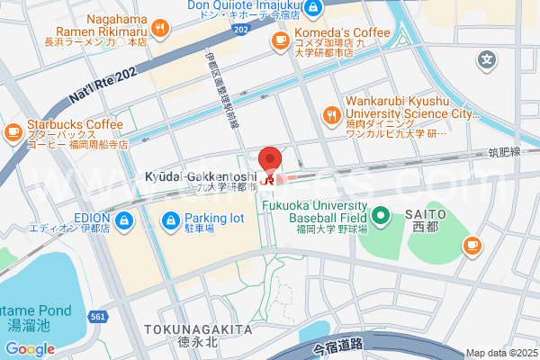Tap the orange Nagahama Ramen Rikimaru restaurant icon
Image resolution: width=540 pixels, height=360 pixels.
[x=160, y=28]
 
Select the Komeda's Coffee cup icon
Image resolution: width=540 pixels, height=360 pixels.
[x=279, y=41]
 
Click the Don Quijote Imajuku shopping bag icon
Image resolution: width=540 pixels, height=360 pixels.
[x=312, y=8]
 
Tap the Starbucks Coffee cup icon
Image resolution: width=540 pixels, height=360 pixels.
[x=13, y=133]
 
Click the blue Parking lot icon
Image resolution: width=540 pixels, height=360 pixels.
[x=171, y=219]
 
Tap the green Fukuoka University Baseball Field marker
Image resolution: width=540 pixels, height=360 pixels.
[x=380, y=216]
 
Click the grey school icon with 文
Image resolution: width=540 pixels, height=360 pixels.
[x=487, y=61]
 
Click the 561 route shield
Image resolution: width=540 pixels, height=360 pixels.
[x=98, y=316]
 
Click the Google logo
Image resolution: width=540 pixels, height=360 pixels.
[x=30, y=348]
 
